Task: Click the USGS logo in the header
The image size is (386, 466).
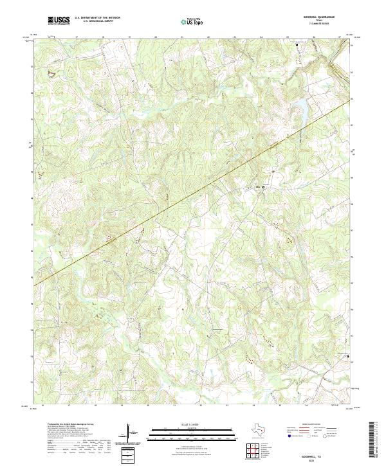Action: click(59, 21)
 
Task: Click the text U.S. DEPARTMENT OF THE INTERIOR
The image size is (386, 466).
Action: click(97, 18)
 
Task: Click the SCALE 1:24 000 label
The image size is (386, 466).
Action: click(190, 425)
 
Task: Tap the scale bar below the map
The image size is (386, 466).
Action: click(190, 433)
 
